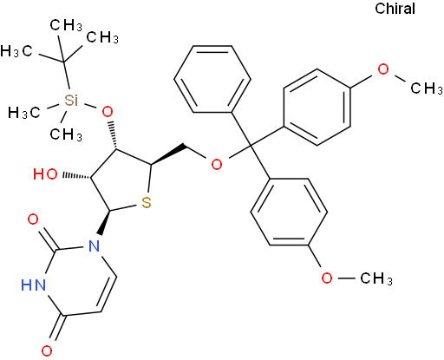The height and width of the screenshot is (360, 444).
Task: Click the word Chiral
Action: tap(395, 9)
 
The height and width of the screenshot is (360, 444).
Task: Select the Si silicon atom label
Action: tap(71, 100)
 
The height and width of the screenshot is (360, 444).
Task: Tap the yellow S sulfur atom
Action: tap(147, 202)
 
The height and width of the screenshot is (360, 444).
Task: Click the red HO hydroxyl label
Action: tap(45, 174)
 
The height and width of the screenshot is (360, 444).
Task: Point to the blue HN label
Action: tap(33, 285)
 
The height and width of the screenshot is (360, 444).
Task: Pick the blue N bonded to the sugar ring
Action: tap(94, 246)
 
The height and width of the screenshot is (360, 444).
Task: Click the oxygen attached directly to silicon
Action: tap(108, 112)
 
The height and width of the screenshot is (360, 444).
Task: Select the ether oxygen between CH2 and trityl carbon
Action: tap(217, 164)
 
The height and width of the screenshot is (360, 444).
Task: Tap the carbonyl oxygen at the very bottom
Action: tap(47, 350)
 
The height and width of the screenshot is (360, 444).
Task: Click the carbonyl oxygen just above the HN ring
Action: tap(33, 219)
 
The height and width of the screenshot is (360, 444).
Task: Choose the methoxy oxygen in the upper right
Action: tap(383, 69)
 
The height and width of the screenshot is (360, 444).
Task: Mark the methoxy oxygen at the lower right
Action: tap(327, 278)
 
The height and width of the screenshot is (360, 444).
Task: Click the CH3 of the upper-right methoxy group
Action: tap(427, 88)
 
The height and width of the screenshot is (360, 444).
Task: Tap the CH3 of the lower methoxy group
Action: tap(376, 278)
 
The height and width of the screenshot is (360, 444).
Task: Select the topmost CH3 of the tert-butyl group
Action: tap(66, 25)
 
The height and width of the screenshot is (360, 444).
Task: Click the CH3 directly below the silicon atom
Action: tap(66, 134)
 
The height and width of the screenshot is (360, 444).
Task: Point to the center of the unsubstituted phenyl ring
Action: tap(212, 79)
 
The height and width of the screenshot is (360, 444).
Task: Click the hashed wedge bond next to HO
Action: tap(77, 176)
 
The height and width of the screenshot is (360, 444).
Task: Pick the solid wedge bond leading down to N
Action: tap(104, 223)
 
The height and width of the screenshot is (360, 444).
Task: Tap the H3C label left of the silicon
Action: tap(23, 112)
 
